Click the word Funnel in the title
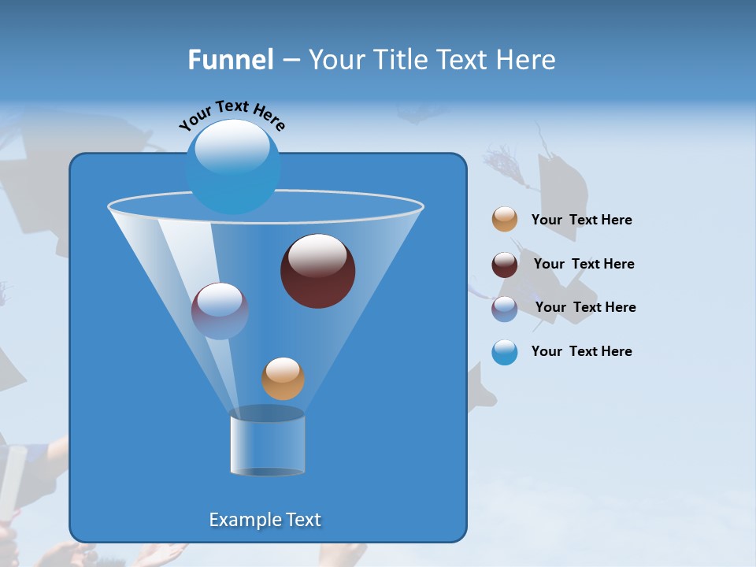(230, 60)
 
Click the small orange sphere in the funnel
(283, 379)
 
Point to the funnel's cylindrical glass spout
(268, 445)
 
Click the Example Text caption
(265, 520)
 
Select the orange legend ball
(505, 220)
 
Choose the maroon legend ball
(505, 265)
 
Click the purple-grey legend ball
(505, 309)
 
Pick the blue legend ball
(505, 352)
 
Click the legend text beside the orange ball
(581, 220)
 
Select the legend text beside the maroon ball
(584, 265)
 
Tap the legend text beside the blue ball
(581, 352)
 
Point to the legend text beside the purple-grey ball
(585, 308)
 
